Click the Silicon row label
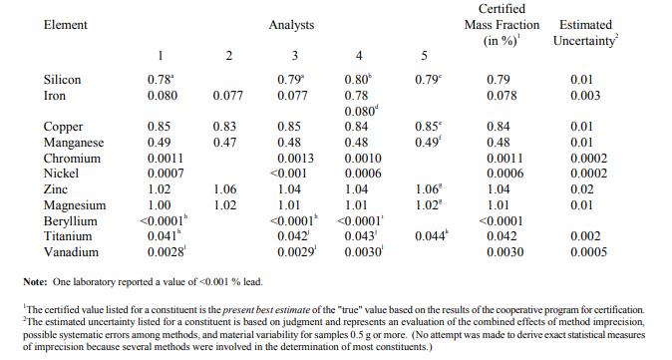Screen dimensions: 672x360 62,80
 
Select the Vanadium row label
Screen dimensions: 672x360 71,252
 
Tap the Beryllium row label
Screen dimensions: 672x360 70,221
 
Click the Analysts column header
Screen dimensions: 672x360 291,25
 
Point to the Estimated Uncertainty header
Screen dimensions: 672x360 586,33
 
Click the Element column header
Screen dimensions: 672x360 66,25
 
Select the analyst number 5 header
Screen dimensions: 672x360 424,56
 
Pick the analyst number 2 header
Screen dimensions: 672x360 229,56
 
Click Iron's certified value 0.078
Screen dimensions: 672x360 502,96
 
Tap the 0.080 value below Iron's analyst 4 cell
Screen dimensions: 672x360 361,112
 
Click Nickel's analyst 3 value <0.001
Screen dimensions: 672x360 288,174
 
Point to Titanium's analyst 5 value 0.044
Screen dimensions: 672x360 432,235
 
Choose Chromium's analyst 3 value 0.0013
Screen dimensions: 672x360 296,159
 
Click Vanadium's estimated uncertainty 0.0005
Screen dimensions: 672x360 589,252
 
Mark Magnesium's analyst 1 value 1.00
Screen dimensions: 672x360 159,205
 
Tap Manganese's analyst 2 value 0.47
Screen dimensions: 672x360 225,143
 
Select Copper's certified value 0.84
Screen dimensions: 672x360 499,127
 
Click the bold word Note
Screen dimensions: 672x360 35,282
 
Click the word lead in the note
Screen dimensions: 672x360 253,282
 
